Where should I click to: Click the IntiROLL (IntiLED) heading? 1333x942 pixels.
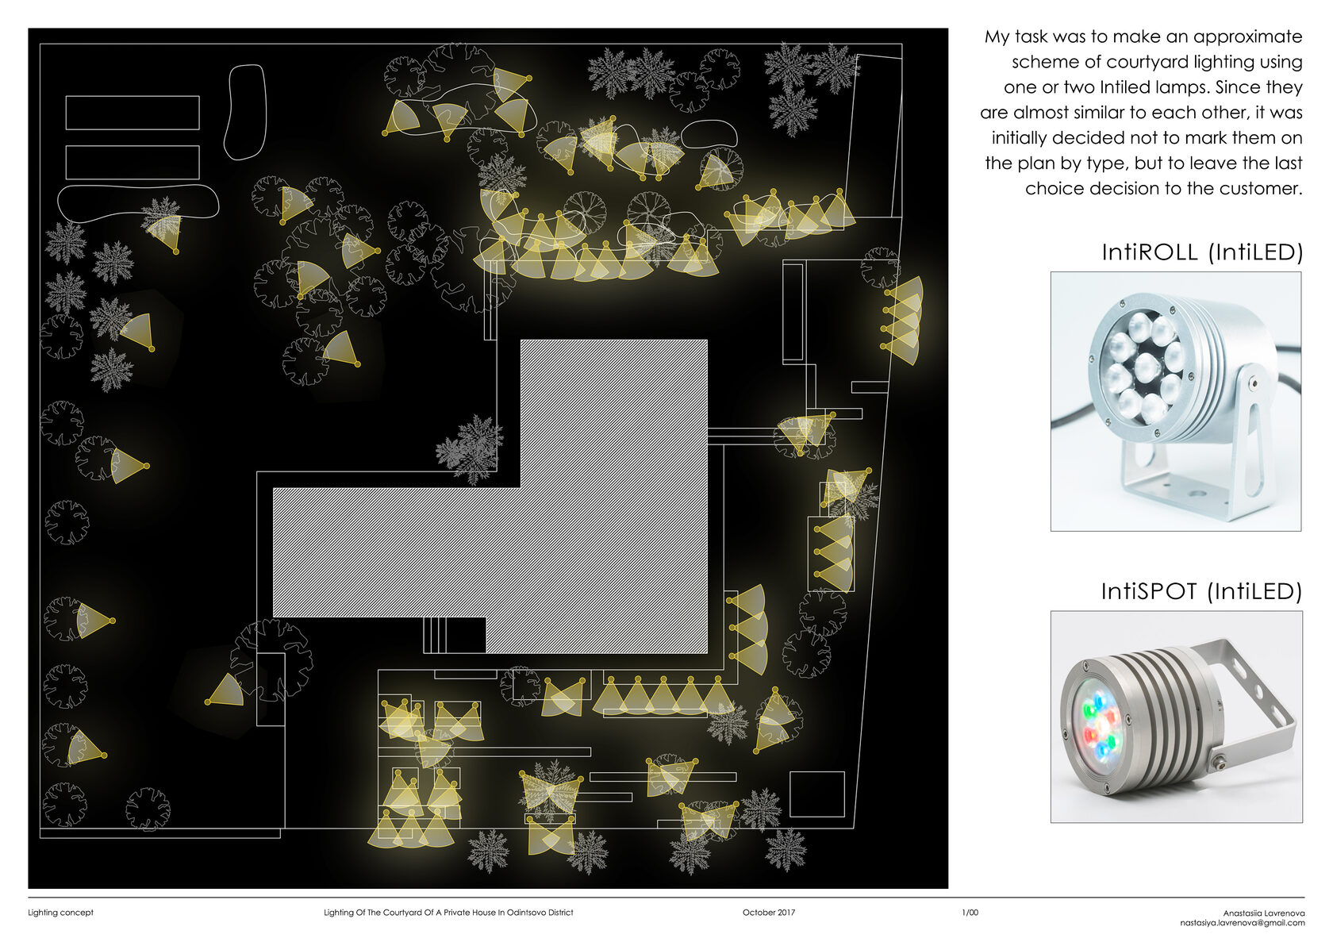1202,252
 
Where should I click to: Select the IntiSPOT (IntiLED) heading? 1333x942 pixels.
1201,591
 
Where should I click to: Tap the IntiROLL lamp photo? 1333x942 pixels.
1176,401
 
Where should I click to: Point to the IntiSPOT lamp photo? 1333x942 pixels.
1177,717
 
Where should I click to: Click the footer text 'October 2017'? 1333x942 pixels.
768,913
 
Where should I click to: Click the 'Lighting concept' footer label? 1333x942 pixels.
60,913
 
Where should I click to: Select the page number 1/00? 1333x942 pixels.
970,913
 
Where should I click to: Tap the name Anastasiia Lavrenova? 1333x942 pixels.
1264,913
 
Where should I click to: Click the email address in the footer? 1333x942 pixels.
1243,923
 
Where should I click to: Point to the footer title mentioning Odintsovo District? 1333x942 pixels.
448,913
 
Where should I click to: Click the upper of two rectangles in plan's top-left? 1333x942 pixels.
132,113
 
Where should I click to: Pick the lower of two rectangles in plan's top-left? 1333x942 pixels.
132,163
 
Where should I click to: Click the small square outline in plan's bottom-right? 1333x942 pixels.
817,794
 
